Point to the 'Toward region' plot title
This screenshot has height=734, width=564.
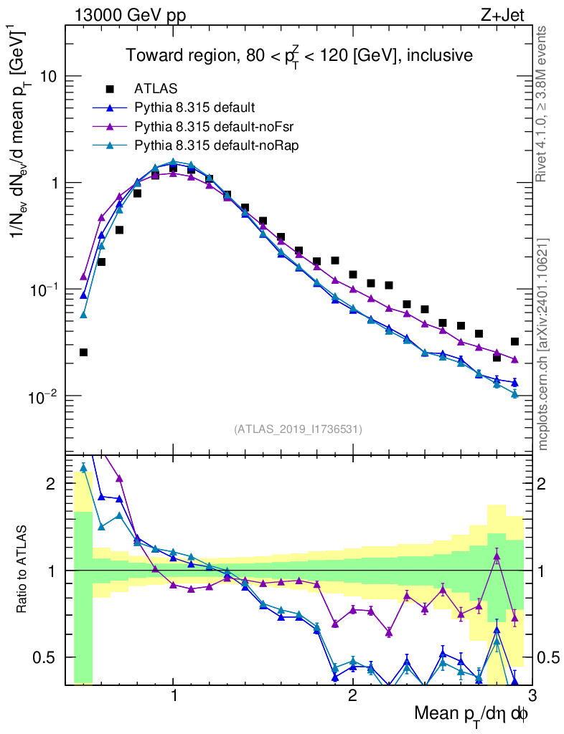click(x=299, y=55)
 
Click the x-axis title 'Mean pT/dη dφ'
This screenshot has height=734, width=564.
click(x=471, y=713)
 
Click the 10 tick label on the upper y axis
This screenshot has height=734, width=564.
click(x=49, y=77)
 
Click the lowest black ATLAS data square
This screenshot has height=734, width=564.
click(x=83, y=353)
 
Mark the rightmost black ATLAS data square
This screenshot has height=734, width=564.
click(x=514, y=342)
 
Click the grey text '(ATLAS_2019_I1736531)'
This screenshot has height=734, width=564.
click(x=298, y=429)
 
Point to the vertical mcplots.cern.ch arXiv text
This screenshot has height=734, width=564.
click(x=543, y=344)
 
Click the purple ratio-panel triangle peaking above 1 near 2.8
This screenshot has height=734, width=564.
click(x=497, y=556)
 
